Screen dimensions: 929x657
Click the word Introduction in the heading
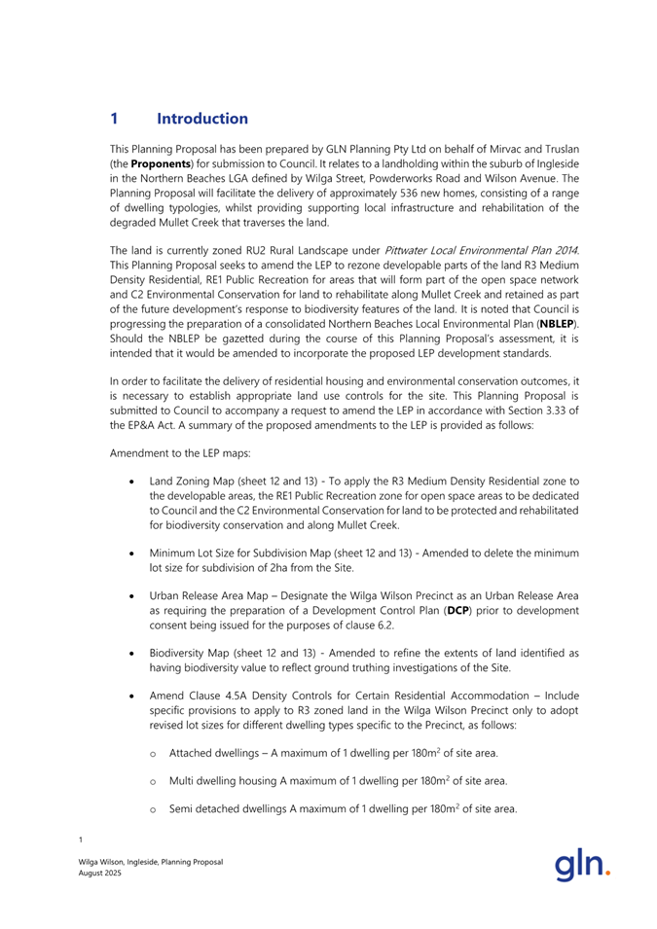point(202,119)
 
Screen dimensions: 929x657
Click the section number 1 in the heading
point(115,119)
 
